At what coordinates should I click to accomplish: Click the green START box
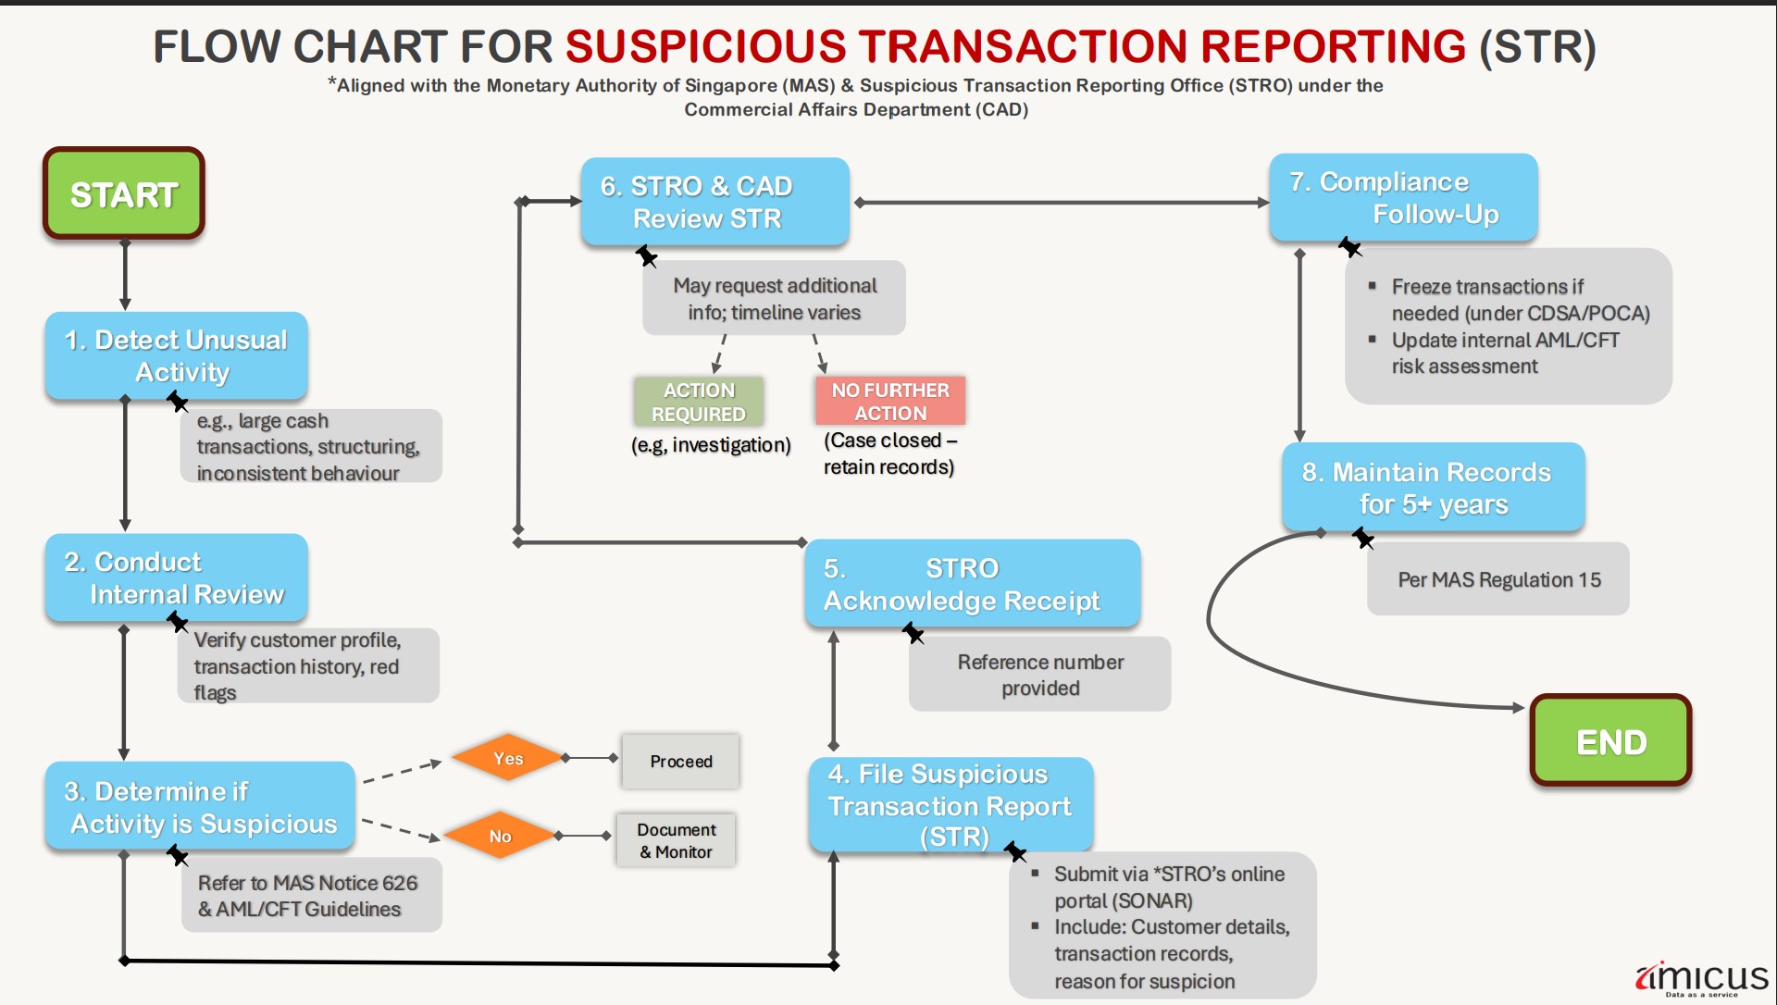pos(123,193)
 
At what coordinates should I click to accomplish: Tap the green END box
pos(1610,741)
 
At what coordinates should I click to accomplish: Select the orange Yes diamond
pos(507,759)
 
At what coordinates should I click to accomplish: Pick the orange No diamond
pos(500,836)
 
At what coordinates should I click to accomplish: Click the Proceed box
pos(680,762)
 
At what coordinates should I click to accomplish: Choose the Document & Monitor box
pos(676,840)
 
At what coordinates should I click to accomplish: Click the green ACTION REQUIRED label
pos(699,402)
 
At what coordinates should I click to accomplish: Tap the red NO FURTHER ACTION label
pos(890,402)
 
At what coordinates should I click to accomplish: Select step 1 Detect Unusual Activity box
pos(176,356)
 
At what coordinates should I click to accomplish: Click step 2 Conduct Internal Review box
pos(176,578)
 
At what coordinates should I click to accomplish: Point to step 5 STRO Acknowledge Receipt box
pos(972,584)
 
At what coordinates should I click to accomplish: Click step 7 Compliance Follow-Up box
pos(1403,198)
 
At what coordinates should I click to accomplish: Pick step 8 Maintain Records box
pos(1433,488)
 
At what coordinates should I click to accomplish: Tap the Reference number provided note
pos(1039,675)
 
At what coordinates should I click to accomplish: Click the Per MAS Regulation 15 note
pos(1498,579)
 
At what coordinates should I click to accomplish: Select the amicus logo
pos(1701,979)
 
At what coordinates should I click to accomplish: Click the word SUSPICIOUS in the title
pos(705,46)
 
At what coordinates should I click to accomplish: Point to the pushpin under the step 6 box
pos(646,255)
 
